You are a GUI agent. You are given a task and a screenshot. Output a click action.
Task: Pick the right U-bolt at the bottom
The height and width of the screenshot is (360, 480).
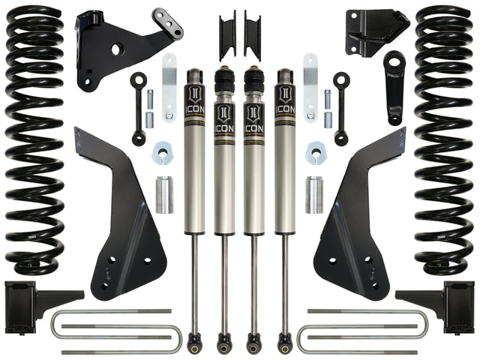tap(360, 331)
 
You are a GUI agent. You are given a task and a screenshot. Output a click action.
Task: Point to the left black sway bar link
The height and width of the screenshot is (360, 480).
tap(138, 108)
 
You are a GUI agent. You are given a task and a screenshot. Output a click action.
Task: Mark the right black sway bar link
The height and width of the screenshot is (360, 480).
tap(342, 108)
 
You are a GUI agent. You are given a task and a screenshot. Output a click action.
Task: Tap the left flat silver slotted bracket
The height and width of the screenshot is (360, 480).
tap(169, 79)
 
